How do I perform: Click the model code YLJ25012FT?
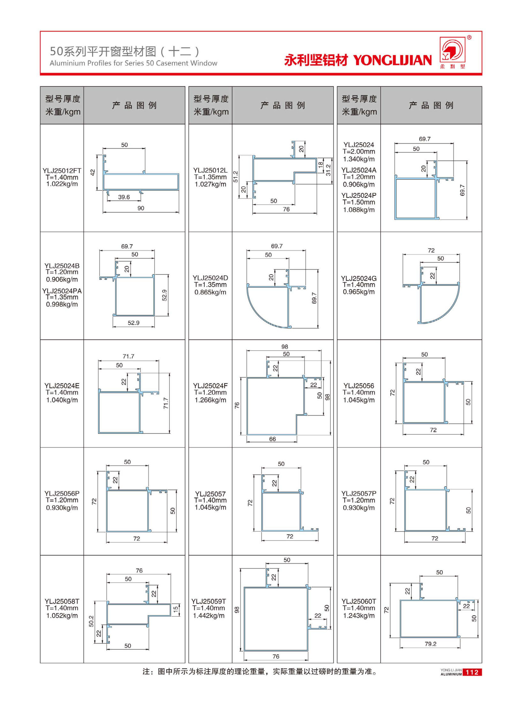pyautogui.click(x=62, y=171)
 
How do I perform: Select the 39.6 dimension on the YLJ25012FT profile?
pyautogui.click(x=124, y=197)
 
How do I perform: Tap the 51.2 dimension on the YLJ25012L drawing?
pyautogui.click(x=236, y=176)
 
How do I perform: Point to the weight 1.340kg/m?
pyautogui.click(x=359, y=159)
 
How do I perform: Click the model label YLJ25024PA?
pyautogui.click(x=62, y=291)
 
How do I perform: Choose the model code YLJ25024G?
pyautogui.click(x=359, y=278)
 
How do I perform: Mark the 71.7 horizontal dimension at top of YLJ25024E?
pyautogui.click(x=128, y=356)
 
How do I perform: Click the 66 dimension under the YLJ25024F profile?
pyautogui.click(x=272, y=439)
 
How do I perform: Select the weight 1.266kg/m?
pyautogui.click(x=210, y=400)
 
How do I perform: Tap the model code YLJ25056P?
pyautogui.click(x=62, y=493)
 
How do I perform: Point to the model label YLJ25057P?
pyautogui.click(x=359, y=493)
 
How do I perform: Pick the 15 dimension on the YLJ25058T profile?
pyautogui.click(x=176, y=609)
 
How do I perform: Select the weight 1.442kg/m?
pyautogui.click(x=209, y=616)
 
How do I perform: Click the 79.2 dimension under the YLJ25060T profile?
pyautogui.click(x=430, y=644)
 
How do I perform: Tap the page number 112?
pyautogui.click(x=472, y=672)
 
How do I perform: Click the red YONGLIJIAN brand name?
pyautogui.click(x=392, y=60)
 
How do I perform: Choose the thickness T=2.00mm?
pyautogui.click(x=359, y=152)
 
